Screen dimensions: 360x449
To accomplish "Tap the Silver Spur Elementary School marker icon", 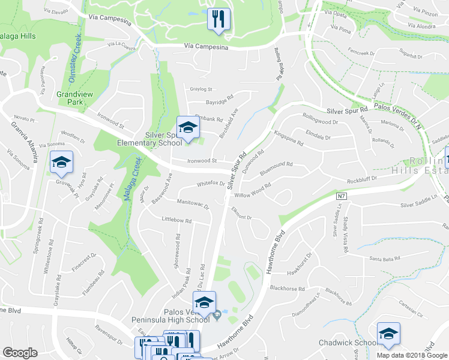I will pos(188,127).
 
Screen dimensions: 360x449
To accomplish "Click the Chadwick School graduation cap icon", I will pos(388,334).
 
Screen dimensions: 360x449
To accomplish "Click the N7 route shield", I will pos(342,196).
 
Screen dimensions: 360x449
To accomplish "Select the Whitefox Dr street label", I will pos(210,184).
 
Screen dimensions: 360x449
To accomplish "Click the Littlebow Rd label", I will pos(176,220).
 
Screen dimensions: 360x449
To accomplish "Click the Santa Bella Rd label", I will pos(384,259).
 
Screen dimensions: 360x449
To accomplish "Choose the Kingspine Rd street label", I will pos(288,139).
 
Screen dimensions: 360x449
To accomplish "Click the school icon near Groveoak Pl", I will pos(61,162).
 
